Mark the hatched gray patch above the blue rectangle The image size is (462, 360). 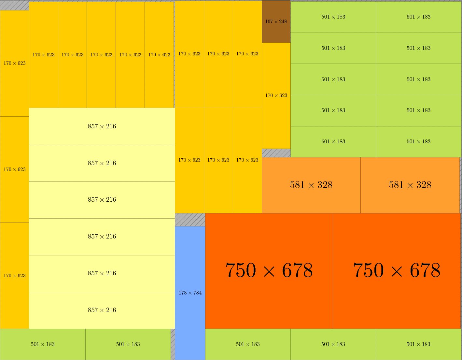tap(190, 220)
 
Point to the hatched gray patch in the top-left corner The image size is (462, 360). tap(14, 6)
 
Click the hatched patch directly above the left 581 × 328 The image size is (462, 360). tap(276, 153)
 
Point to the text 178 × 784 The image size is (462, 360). tap(190, 293)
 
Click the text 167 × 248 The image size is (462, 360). tap(276, 22)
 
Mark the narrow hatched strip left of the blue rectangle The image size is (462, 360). tap(173, 344)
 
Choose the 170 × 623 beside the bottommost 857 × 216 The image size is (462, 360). tap(14, 276)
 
